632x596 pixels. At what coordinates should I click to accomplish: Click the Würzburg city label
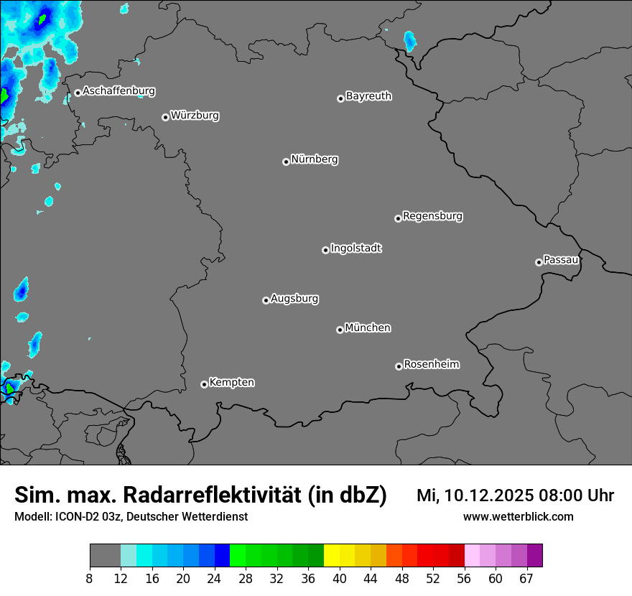click(195, 115)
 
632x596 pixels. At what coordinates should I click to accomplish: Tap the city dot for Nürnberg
click(286, 162)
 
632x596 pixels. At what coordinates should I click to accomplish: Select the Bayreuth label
click(368, 96)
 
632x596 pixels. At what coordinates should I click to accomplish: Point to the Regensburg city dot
click(398, 218)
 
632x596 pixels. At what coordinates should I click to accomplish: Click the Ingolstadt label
click(356, 248)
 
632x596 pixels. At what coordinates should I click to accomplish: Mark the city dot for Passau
click(539, 262)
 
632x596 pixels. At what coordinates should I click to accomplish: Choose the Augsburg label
click(294, 299)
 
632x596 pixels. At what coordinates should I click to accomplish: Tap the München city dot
click(340, 330)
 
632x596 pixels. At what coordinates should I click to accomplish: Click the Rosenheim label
click(431, 364)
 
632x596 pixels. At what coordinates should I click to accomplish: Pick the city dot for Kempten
click(204, 384)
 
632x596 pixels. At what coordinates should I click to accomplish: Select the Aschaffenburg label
click(118, 91)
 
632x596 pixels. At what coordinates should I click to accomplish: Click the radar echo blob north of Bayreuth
click(410, 40)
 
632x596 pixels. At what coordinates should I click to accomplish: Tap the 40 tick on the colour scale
click(339, 579)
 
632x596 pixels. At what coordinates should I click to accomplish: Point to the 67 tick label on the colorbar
click(527, 579)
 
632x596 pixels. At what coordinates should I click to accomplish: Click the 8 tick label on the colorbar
click(90, 579)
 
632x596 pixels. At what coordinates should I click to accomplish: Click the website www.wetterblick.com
click(519, 516)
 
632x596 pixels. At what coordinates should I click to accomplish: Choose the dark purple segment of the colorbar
click(535, 556)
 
